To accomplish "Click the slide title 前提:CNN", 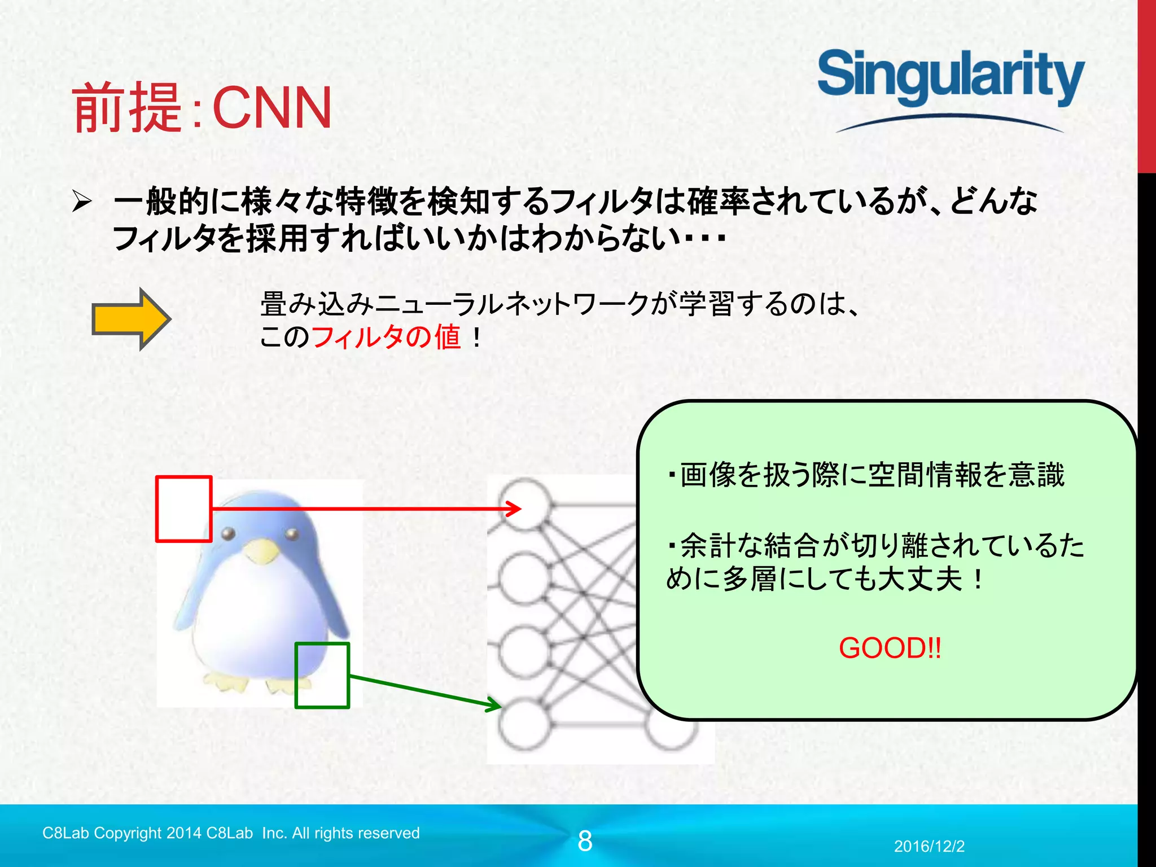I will click(202, 107).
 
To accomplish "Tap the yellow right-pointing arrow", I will click(132, 319).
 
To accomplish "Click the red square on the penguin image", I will click(183, 509).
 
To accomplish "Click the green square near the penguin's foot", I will click(322, 675).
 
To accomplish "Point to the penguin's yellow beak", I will click(261, 550).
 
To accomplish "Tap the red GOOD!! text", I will click(890, 648).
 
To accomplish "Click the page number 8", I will click(585, 841).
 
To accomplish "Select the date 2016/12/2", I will click(929, 846).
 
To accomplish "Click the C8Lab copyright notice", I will click(231, 833).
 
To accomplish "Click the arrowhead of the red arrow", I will click(515, 509).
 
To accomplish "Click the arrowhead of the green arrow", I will click(494, 705).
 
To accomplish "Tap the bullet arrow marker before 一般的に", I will click(82, 202).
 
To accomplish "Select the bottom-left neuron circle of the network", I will click(524, 724).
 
